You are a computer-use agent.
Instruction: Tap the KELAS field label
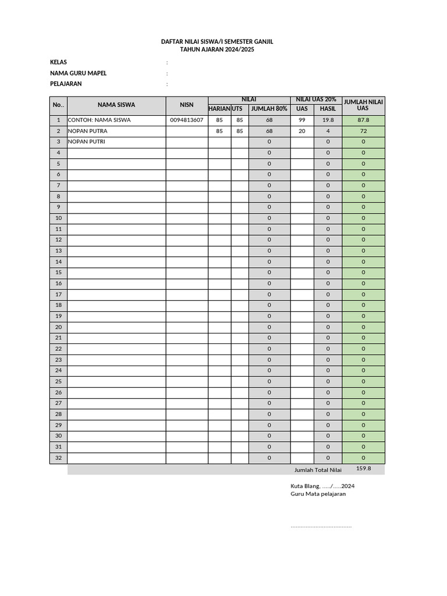point(58,62)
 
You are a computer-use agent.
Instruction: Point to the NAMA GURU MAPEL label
point(78,73)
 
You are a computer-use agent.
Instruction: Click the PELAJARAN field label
point(66,84)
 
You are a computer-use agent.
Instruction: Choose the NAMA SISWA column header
point(116,105)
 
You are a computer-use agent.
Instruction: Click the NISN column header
point(186,105)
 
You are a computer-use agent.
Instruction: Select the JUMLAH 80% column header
point(269,109)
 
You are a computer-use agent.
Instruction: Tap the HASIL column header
point(328,109)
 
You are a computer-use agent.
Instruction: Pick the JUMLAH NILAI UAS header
point(363,105)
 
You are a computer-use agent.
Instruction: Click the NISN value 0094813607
point(186,120)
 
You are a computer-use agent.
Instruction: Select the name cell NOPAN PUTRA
point(88,132)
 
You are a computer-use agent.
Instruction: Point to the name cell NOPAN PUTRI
point(87,142)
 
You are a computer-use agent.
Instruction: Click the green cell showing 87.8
point(363,120)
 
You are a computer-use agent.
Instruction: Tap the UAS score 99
point(301,120)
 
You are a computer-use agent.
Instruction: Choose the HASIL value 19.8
point(328,120)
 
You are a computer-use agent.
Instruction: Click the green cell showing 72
point(363,132)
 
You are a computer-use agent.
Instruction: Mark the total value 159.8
point(363,469)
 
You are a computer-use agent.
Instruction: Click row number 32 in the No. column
point(58,458)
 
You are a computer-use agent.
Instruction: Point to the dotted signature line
point(321,527)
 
